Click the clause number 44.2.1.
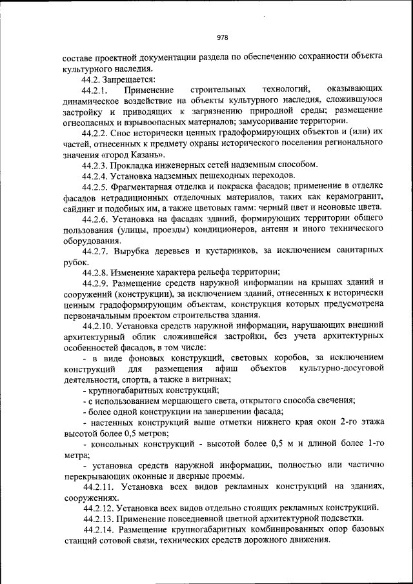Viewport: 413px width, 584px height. (x=95, y=88)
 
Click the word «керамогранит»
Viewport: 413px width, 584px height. (x=358, y=196)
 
